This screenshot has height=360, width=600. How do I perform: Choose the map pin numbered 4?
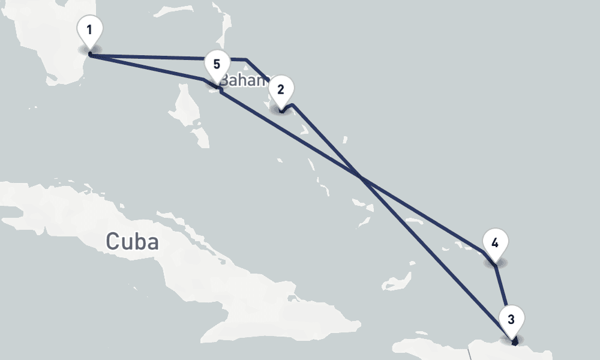(x=495, y=244)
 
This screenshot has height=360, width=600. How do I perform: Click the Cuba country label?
(x=132, y=241)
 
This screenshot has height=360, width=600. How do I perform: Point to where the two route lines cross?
(x=360, y=177)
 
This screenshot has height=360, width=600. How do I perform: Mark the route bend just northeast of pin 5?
(x=246, y=59)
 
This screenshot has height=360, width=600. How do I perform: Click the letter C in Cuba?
(x=112, y=241)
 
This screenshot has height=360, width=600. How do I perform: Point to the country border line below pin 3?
(x=470, y=351)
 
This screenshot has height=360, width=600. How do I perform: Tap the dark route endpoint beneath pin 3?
(x=515, y=343)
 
